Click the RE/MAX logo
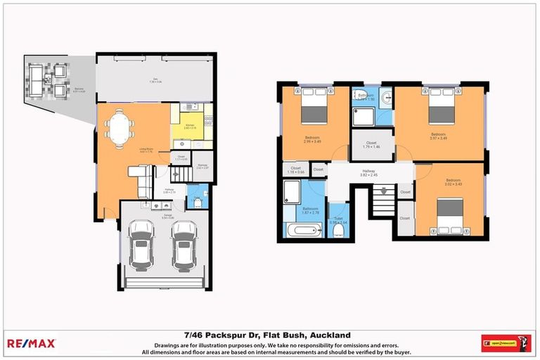coord(31,343)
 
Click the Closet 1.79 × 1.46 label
coord(371,145)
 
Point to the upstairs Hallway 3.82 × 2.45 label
coord(369,173)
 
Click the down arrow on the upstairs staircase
coord(382,188)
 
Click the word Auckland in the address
coord(332,335)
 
